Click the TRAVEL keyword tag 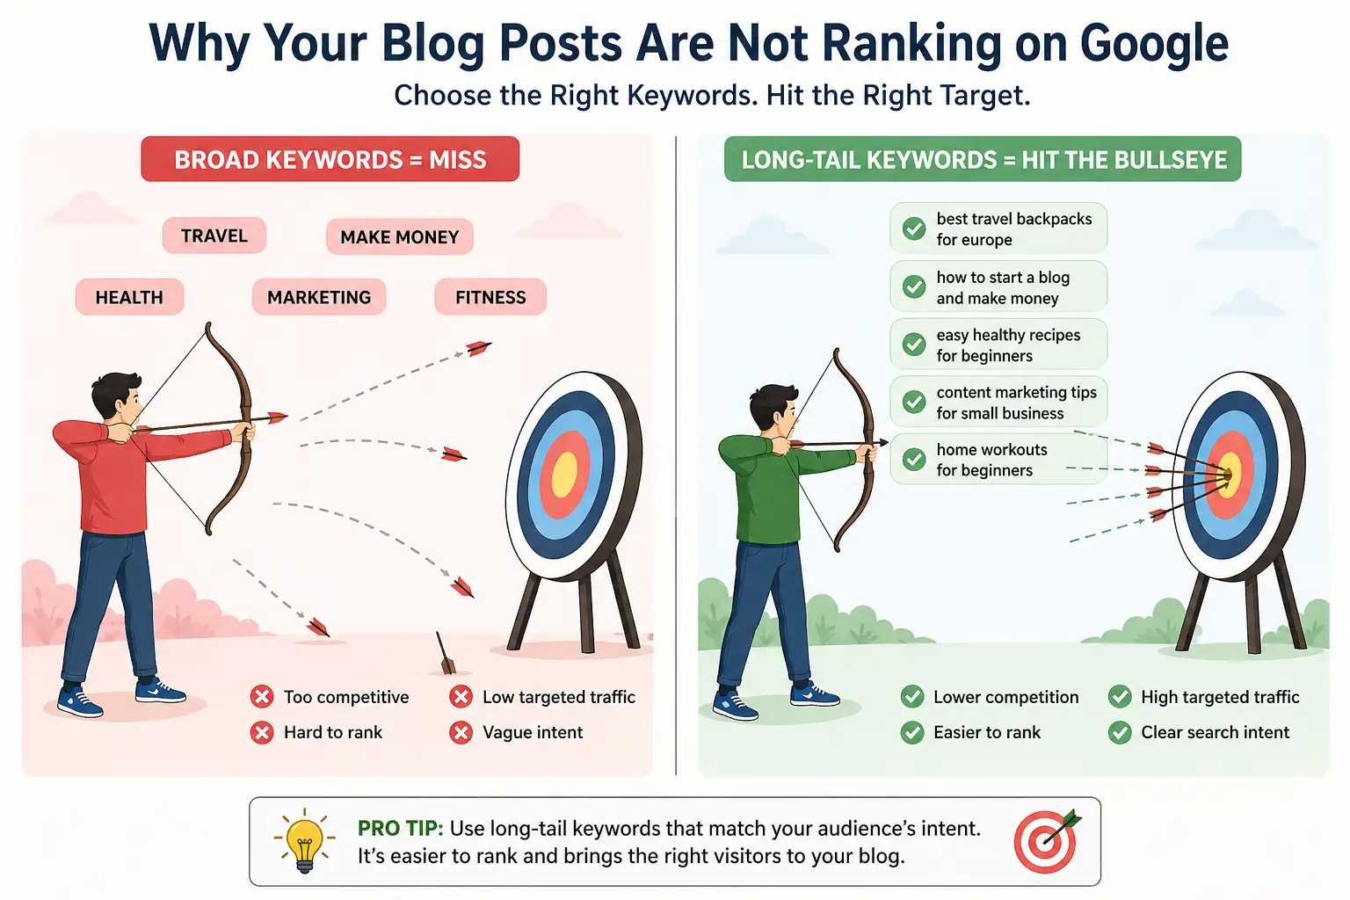pos(214,236)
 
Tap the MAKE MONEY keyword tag pos(399,237)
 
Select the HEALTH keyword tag pos(129,297)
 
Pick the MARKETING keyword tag pos(319,297)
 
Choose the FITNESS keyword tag pos(490,297)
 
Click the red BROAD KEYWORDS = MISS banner pos(330,159)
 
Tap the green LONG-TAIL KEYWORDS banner pos(983,159)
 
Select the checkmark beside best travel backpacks pos(914,229)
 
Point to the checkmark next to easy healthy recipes pos(914,345)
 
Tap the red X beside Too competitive pos(262,697)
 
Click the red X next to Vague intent pos(461,732)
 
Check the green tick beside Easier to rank pos(912,732)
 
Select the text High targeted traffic pos(1219,697)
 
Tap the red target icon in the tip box pos(1045,842)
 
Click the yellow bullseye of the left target pos(564,475)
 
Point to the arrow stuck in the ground pos(445,653)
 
